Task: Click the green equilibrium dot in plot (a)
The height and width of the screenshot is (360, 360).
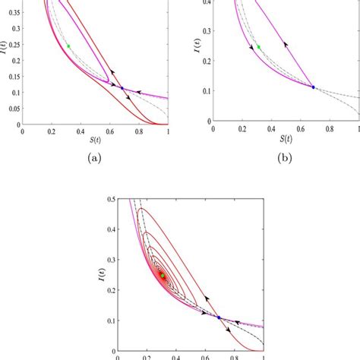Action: coord(68,46)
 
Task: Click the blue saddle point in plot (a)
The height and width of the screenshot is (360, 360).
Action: coord(122,88)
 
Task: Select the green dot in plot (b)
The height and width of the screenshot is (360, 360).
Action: coord(258,47)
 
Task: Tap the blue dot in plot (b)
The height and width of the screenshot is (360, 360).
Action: coord(313,87)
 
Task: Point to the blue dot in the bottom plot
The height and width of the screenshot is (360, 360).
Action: coord(219,317)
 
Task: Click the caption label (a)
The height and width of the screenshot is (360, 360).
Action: coord(94,158)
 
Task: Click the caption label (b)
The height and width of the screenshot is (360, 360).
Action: coord(285,158)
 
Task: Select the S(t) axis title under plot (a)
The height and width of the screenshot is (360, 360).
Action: coord(95,143)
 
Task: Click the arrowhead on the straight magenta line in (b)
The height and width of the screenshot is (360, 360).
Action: coord(286,45)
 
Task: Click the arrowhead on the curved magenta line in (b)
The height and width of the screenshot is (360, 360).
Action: coord(251,47)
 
